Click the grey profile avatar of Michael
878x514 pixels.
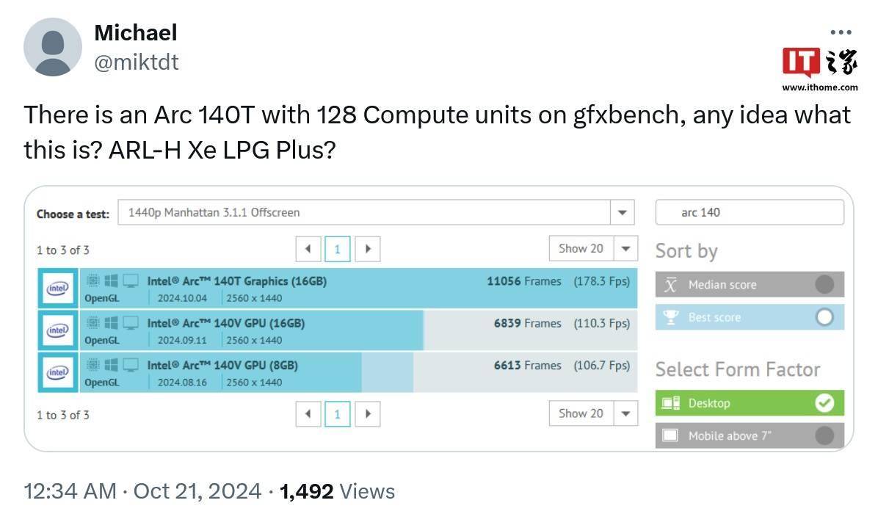[53, 47]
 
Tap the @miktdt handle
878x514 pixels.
[136, 62]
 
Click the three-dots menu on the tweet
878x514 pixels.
[841, 32]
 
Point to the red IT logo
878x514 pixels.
[801, 62]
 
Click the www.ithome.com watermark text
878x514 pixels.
[820, 87]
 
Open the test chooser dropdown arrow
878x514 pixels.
[622, 213]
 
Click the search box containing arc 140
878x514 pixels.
[750, 213]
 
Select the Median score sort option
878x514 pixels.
[750, 284]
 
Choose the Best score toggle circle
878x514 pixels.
[824, 317]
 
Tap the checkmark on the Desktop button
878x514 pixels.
[824, 403]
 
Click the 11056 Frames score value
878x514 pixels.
[523, 281]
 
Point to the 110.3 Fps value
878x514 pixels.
[602, 324]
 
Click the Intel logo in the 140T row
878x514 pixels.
[58, 289]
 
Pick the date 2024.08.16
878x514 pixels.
[182, 383]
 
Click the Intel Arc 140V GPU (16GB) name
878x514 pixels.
[225, 324]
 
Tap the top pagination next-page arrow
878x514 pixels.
[368, 249]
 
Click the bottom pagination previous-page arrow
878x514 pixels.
[308, 414]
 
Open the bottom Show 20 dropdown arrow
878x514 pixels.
[626, 414]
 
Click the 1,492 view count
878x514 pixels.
[306, 491]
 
